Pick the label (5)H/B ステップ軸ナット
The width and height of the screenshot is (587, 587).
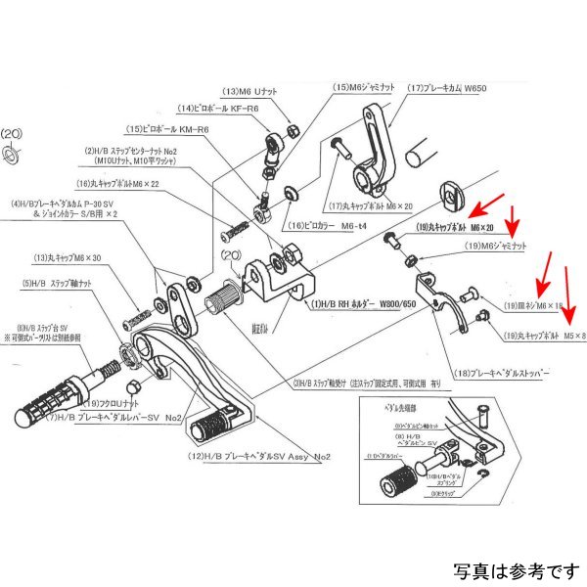[x=58, y=284]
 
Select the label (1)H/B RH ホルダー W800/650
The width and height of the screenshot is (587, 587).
[x=373, y=304]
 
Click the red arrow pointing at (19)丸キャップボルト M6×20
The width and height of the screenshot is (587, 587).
[x=486, y=205]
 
